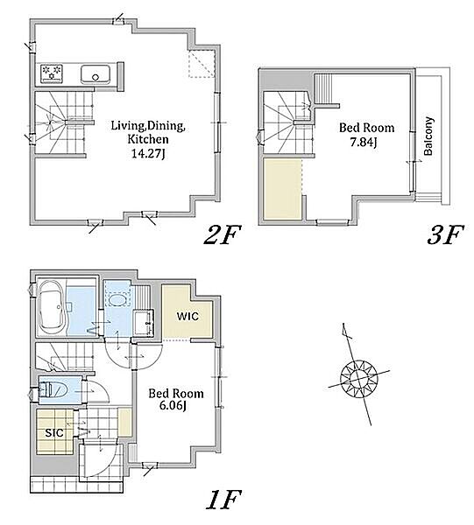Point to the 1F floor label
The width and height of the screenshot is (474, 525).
[224, 500]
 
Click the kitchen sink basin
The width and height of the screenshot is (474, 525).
[96, 74]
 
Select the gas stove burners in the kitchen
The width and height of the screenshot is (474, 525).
[52, 73]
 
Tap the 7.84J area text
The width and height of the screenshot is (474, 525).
[364, 143]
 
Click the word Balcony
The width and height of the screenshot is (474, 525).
[428, 136]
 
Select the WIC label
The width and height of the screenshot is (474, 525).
[187, 316]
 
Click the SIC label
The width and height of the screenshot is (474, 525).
[54, 433]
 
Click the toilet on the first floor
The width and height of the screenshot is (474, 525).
[53, 390]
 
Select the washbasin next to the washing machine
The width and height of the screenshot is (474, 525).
[144, 322]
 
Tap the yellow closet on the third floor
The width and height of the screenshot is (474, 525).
[283, 189]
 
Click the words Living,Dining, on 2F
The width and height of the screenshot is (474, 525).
[148, 126]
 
